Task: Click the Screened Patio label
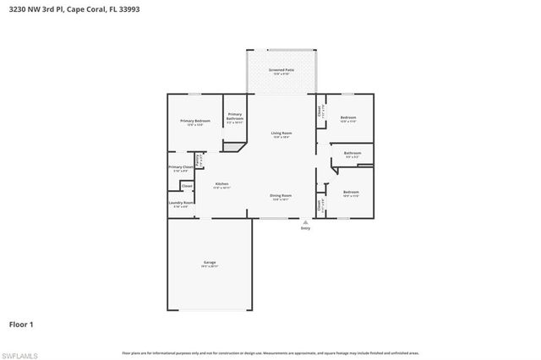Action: point(281,70)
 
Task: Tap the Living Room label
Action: point(281,134)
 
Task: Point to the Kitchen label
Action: point(221,183)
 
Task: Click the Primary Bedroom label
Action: point(195,122)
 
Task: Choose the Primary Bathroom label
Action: point(234,116)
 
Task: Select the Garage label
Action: point(210,262)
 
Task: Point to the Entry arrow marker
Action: point(305,221)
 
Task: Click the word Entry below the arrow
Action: point(305,229)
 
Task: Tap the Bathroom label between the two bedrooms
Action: point(352,153)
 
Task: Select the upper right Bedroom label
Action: point(348,117)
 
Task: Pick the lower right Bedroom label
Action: point(351,193)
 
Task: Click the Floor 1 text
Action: point(21,324)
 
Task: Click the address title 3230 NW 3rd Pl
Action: point(75,8)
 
